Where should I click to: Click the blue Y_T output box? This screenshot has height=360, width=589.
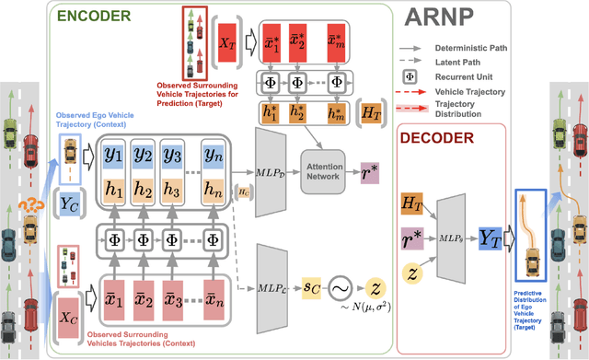pos(488,238)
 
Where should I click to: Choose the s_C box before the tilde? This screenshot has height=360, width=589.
pos(314,288)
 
